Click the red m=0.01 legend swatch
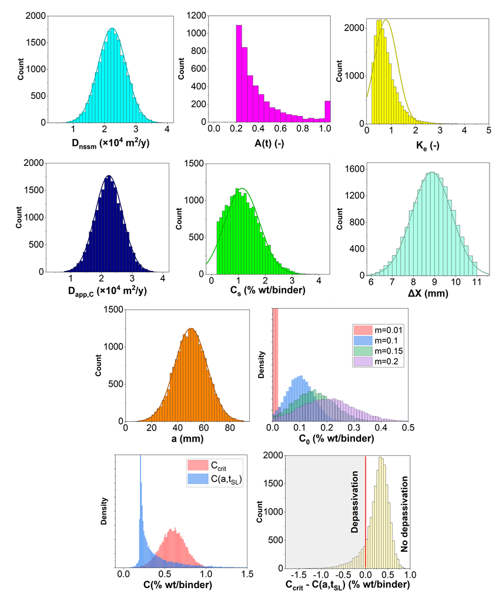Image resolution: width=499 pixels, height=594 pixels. point(361,329)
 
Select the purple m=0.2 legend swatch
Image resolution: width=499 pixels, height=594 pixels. point(361,362)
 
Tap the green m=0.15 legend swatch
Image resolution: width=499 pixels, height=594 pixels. point(361,351)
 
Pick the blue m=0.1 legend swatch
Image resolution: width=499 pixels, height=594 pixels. point(361,340)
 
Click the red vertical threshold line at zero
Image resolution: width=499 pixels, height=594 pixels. point(366,512)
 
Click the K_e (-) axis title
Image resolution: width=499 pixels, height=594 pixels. point(427,145)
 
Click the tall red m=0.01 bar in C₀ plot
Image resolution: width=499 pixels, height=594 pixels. point(274,365)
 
